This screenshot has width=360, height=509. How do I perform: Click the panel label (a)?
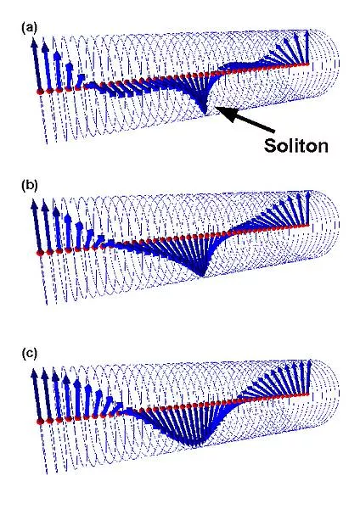[x=29, y=28]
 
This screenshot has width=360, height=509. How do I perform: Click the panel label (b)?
[x=29, y=185]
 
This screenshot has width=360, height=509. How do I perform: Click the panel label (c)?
[x=29, y=353]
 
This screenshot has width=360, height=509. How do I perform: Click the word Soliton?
[x=295, y=145]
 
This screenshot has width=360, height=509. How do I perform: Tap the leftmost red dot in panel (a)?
[x=40, y=92]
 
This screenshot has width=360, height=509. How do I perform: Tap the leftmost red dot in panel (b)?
[x=40, y=253]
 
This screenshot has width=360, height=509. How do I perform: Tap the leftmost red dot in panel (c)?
[x=40, y=422]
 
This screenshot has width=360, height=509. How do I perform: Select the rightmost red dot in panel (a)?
[x=307, y=64]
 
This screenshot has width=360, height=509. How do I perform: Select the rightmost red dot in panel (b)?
[x=307, y=225]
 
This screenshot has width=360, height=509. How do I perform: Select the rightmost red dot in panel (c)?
[x=307, y=394]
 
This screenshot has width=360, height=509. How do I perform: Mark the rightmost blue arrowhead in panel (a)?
[x=307, y=33]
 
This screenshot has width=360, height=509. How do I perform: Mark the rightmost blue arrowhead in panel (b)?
[x=307, y=194]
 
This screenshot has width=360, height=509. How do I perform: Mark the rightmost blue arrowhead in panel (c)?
[x=308, y=363]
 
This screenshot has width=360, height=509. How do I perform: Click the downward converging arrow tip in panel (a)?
[x=204, y=112]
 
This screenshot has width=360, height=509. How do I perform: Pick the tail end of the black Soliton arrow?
[x=274, y=131]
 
